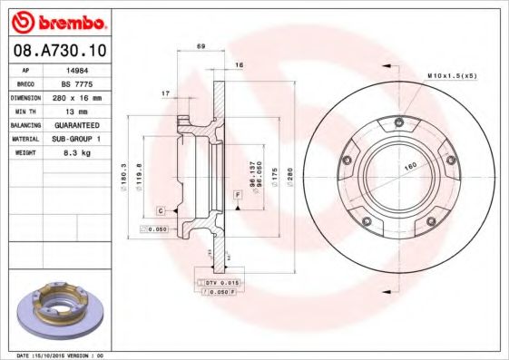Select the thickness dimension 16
coord(240,65)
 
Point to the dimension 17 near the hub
coord(165,92)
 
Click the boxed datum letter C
coord(160,210)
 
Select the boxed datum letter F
coord(238,195)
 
